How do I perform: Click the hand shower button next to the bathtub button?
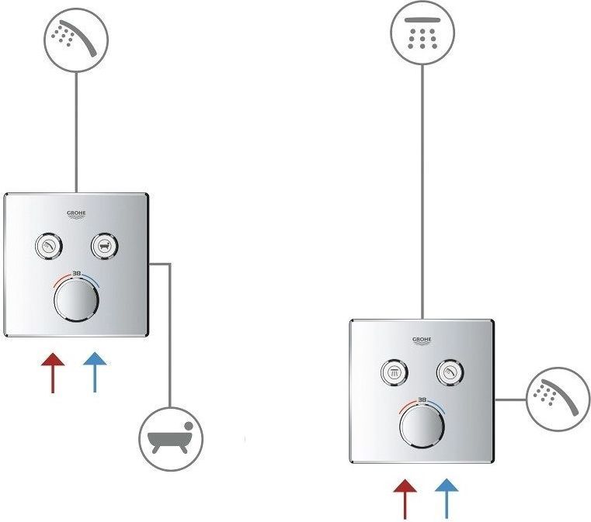click(x=48, y=246)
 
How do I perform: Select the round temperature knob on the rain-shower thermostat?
click(x=422, y=427)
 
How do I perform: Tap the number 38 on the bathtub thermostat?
click(x=76, y=273)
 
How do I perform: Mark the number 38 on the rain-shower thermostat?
click(x=422, y=400)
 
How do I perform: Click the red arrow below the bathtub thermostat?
click(x=52, y=371)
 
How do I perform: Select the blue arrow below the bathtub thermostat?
click(x=95, y=371)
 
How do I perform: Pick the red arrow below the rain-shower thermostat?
click(x=404, y=497)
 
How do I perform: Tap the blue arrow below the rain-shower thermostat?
click(x=447, y=497)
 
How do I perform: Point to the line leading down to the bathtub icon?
click(x=169, y=334)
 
